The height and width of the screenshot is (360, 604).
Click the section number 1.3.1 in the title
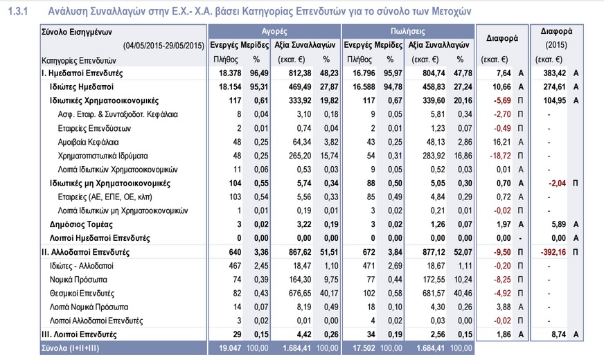(18, 12)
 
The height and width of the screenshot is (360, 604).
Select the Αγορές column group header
(274, 31)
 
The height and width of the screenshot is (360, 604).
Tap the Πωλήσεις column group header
(407, 31)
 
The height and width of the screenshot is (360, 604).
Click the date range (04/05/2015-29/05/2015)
(163, 46)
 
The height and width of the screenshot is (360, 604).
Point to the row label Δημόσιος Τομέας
(81, 224)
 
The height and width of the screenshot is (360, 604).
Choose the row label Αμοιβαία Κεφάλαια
(88, 142)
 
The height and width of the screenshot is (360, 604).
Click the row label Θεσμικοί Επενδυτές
(82, 294)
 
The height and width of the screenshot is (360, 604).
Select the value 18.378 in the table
(230, 73)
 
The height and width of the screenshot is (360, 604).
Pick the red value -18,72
(500, 156)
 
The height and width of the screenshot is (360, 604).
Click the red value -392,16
(553, 252)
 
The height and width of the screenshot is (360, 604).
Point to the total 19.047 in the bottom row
(230, 348)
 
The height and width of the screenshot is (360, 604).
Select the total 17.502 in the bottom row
(364, 348)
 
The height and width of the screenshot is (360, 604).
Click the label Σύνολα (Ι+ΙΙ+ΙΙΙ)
(70, 348)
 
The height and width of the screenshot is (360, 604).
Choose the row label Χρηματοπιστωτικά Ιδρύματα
(103, 156)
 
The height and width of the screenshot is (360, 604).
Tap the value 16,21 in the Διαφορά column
(501, 142)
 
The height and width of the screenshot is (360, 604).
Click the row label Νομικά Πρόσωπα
(78, 280)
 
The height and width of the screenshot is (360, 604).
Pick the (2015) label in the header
(556, 45)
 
